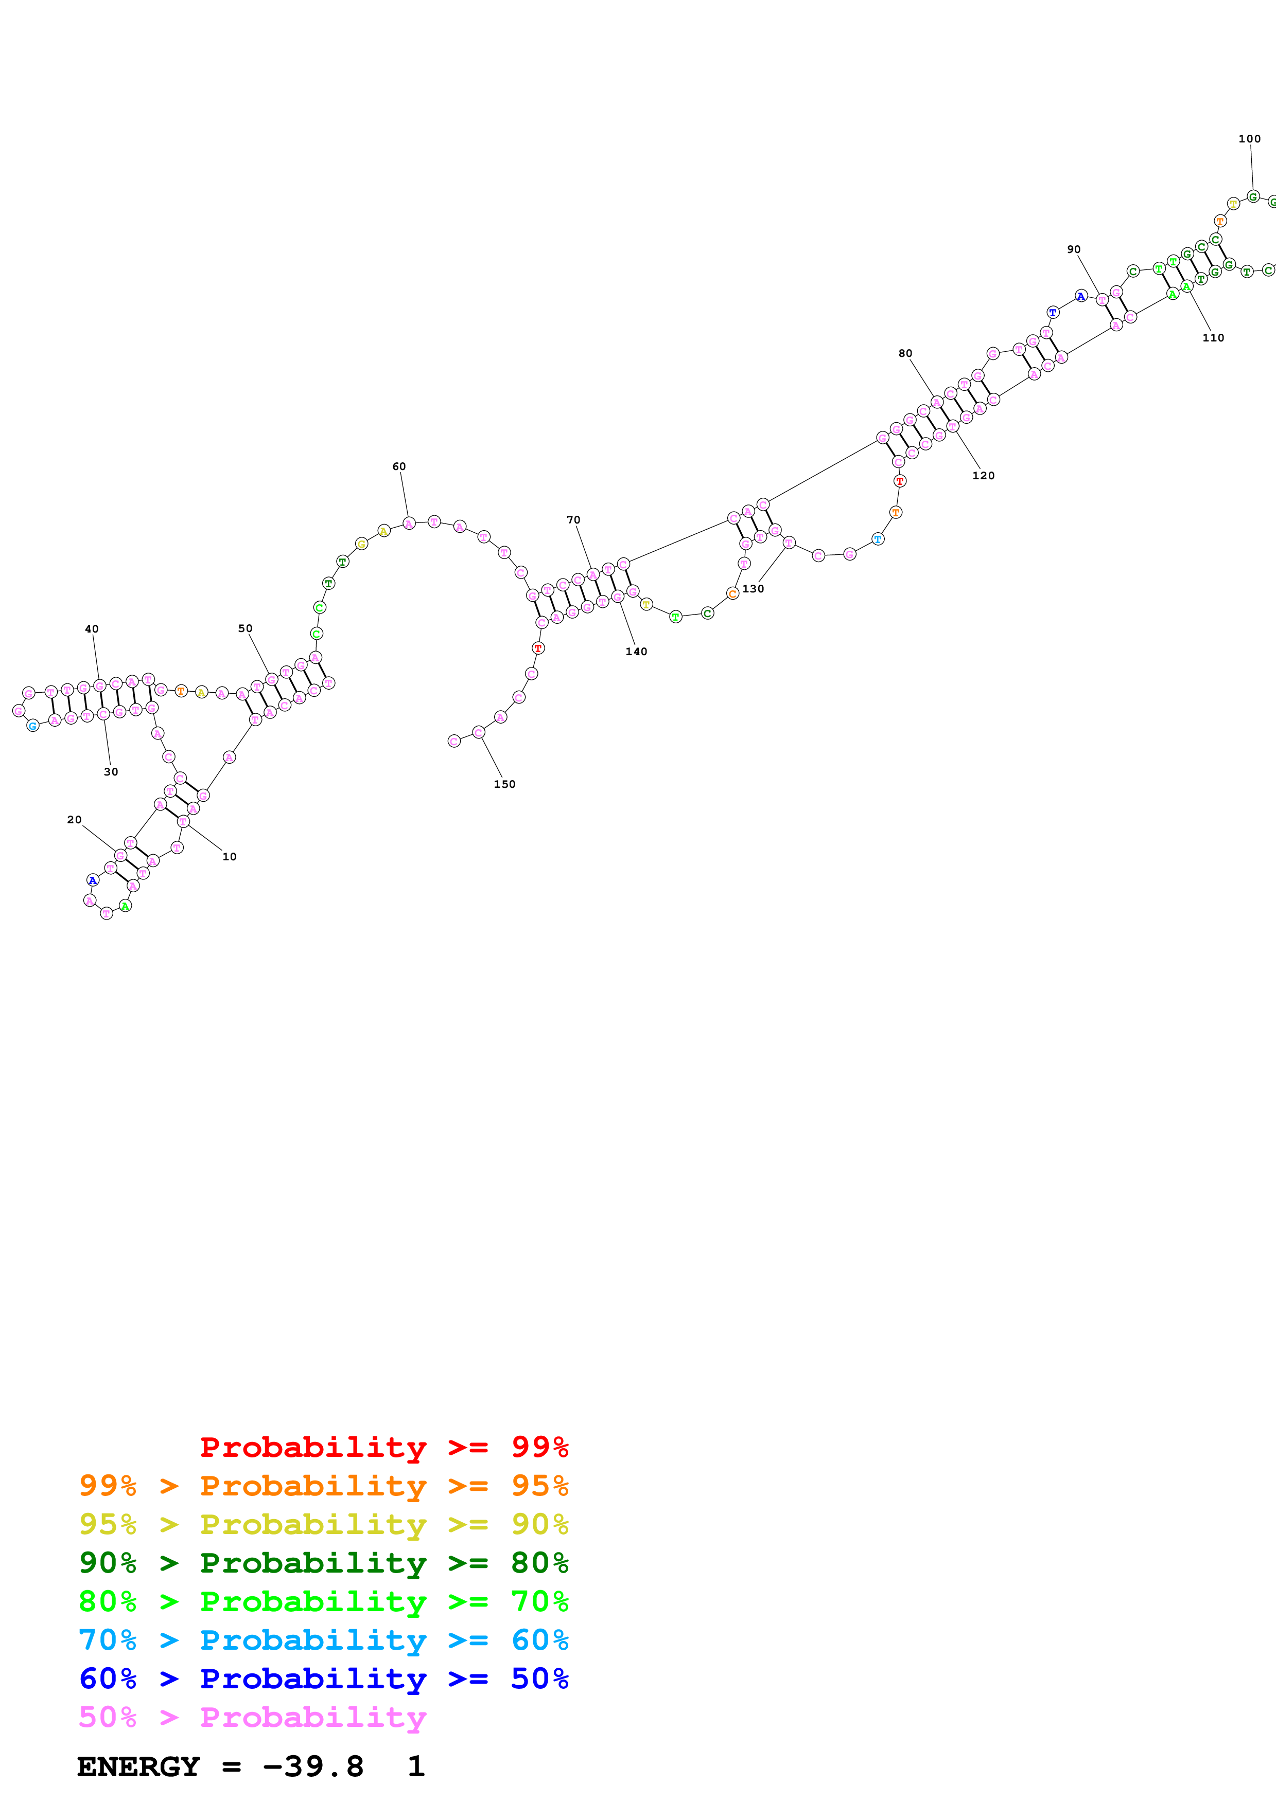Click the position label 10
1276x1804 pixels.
coord(229,856)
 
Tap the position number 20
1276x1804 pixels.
coord(74,820)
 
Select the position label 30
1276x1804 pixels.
coord(111,771)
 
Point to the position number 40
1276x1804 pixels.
coord(92,628)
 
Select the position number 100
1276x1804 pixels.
coord(1249,139)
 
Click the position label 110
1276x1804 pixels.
coord(1213,338)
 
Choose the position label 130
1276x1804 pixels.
coord(753,588)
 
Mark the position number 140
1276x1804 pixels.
coord(637,652)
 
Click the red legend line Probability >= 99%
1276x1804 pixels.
coord(383,1447)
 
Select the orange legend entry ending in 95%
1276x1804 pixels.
coord(323,1486)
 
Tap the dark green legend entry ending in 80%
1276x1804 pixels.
coord(323,1563)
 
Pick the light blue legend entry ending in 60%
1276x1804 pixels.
coord(323,1640)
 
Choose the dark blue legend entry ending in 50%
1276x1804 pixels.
coord(323,1679)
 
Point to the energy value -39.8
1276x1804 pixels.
coord(313,1767)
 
